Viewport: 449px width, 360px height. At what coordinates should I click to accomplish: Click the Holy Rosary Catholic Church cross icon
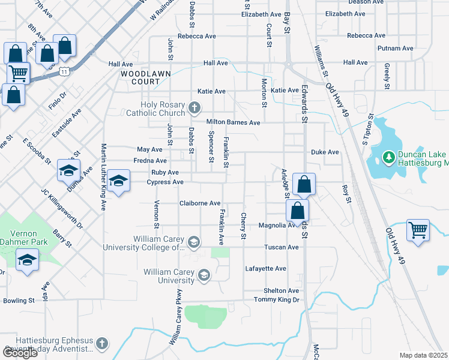[x=194, y=108]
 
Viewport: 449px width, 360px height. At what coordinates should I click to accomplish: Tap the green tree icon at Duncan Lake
[x=388, y=158]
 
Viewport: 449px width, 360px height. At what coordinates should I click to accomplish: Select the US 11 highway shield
[x=64, y=71]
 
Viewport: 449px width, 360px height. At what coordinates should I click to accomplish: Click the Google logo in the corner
[x=20, y=353]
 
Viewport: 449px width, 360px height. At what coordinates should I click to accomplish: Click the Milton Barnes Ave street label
[x=233, y=122]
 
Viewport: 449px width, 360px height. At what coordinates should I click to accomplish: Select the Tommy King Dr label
[x=276, y=299]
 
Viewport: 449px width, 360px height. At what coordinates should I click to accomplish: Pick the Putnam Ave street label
[x=395, y=49]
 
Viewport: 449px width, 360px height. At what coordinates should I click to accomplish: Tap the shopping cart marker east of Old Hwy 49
[x=418, y=230]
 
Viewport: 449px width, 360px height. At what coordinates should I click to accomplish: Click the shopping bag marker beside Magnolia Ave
[x=297, y=212]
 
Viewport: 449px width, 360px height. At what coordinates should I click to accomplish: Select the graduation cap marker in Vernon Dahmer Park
[x=28, y=261]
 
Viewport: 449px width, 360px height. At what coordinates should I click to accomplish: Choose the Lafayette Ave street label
[x=266, y=268]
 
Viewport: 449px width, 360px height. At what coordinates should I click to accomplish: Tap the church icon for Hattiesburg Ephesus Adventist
[x=101, y=344]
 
